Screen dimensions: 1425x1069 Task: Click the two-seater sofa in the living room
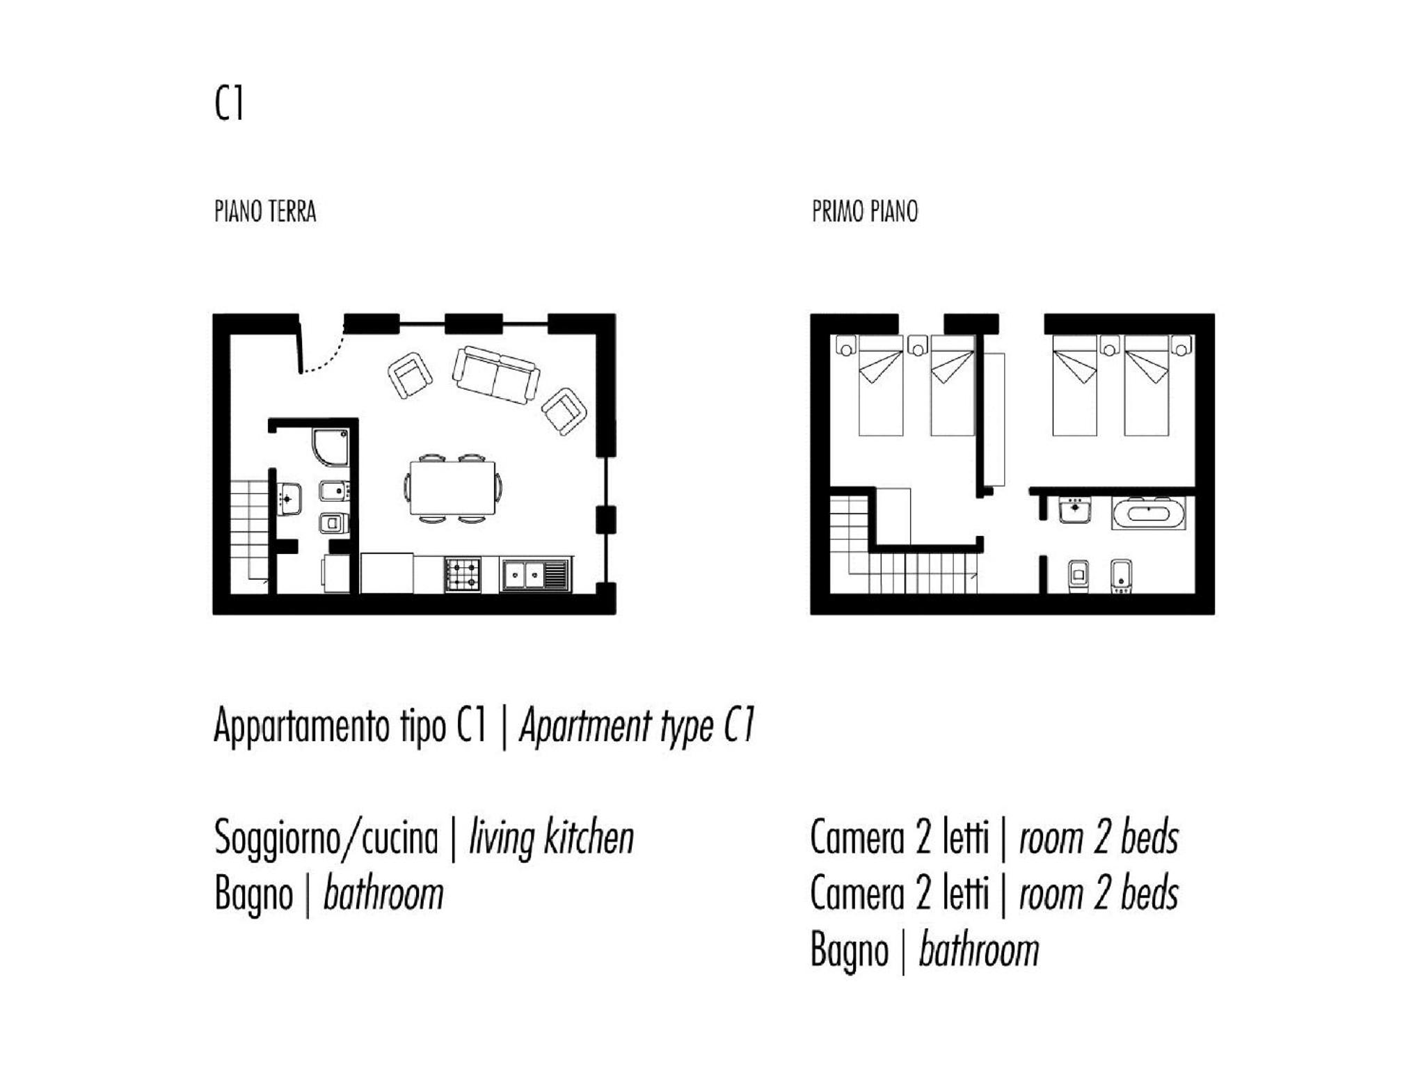(495, 374)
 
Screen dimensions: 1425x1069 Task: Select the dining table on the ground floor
(452, 488)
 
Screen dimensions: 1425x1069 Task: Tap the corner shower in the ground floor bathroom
(330, 448)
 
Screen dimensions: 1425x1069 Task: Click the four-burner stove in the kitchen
(463, 575)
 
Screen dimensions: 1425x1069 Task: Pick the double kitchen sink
(535, 574)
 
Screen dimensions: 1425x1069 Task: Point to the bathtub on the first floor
(1148, 514)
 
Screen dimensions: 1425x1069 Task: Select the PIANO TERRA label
(265, 212)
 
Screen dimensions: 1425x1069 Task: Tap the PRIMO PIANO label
(865, 212)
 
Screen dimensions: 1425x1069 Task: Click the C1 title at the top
(229, 104)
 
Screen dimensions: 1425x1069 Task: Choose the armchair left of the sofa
(410, 375)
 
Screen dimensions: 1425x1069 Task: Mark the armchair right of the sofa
(564, 411)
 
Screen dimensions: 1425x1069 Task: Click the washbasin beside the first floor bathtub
(1075, 510)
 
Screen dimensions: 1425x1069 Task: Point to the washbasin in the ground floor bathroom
(289, 498)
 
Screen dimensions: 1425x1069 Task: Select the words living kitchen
(552, 838)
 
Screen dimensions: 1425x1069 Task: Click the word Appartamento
(302, 727)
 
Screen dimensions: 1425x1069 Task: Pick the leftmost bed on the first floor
(881, 386)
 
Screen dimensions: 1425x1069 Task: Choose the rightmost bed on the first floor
(1147, 386)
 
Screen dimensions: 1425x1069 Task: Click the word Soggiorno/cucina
(326, 838)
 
